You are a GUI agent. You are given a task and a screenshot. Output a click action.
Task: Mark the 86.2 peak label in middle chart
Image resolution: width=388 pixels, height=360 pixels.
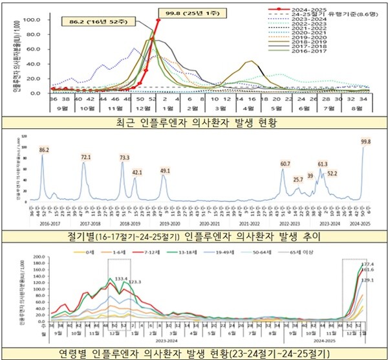(x=45, y=150)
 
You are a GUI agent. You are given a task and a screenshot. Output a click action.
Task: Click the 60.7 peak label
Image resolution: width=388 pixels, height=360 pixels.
(x=285, y=164)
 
